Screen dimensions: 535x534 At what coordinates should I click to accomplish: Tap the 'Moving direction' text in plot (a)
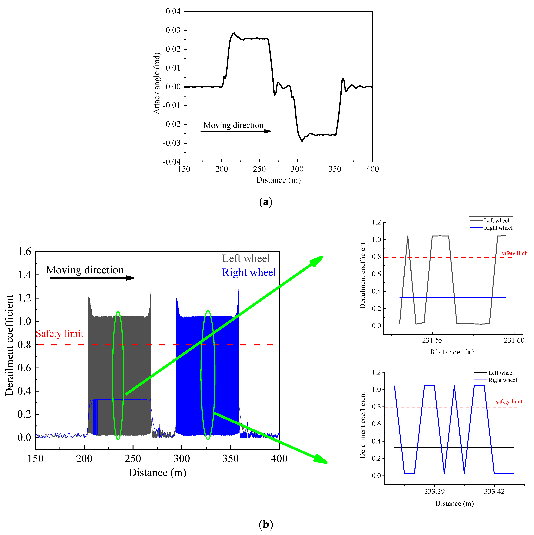(233, 125)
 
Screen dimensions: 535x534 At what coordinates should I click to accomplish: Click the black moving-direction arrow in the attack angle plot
(235, 131)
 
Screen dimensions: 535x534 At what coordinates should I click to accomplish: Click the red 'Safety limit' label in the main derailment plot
(60, 334)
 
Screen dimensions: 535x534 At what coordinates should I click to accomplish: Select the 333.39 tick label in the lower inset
(434, 492)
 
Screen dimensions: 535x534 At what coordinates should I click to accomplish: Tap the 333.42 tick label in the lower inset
(494, 492)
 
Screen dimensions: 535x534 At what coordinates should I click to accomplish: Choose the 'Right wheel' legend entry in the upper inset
(498, 228)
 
